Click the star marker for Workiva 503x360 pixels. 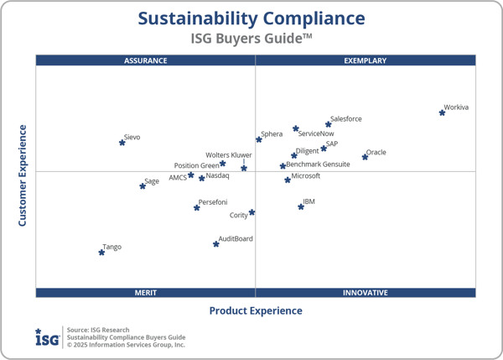click(x=442, y=112)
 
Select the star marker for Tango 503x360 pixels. click(x=101, y=252)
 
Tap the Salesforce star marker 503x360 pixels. click(x=329, y=124)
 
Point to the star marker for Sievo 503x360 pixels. click(x=122, y=143)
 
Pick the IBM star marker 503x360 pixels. click(x=301, y=206)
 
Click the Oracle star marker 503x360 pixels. click(x=365, y=157)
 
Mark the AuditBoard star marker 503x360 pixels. click(x=216, y=244)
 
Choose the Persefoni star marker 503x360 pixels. click(x=197, y=207)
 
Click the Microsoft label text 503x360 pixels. click(x=306, y=176)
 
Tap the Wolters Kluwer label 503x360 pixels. click(x=229, y=155)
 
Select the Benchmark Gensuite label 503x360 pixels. click(x=319, y=164)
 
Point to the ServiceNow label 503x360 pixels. click(x=316, y=133)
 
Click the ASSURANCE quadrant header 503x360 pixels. click(x=146, y=60)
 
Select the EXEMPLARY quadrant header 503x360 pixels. click(x=366, y=60)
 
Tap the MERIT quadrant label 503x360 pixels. click(x=146, y=293)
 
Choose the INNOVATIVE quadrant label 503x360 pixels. click(x=366, y=293)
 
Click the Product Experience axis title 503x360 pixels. click(x=256, y=311)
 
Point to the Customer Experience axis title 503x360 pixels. click(x=23, y=175)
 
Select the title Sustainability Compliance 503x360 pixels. click(x=251, y=18)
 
